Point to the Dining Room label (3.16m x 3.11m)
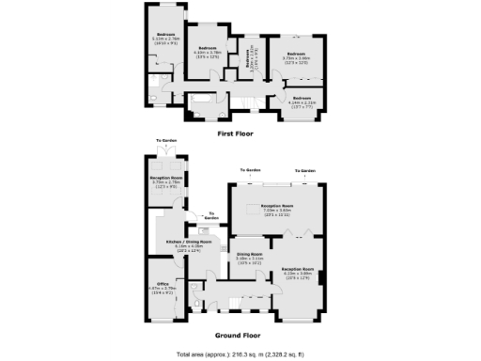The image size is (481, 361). [249, 257]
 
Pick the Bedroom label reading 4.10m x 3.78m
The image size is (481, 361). [207, 52]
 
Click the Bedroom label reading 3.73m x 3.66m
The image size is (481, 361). [297, 58]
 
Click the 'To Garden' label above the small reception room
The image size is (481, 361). [167, 141]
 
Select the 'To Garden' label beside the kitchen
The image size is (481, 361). [214, 216]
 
